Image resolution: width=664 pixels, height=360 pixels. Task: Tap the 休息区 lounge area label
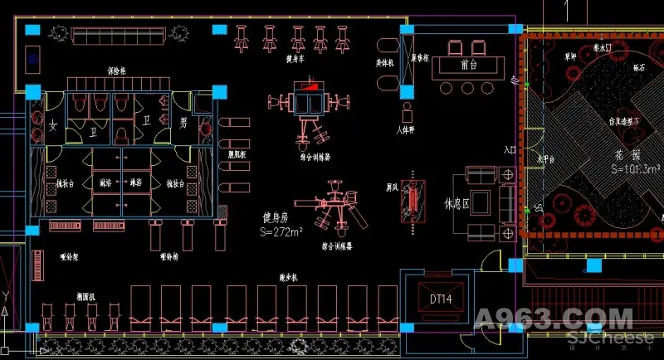click(456, 202)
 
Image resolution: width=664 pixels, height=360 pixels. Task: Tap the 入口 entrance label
click(510, 151)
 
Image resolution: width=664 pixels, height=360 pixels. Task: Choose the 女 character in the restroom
click(52, 124)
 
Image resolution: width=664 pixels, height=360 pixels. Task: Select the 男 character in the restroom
click(183, 123)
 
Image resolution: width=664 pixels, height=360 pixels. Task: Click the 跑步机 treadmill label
click(290, 277)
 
